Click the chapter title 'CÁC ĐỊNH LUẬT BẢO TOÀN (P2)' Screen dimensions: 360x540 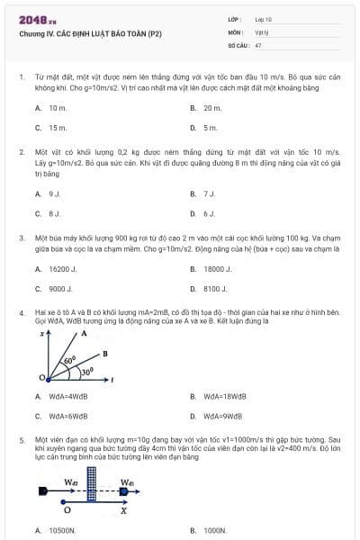coord(86,31)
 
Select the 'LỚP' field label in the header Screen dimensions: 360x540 coord(233,19)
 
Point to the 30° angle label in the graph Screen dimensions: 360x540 coord(86,371)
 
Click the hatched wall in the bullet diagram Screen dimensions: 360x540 coord(103,494)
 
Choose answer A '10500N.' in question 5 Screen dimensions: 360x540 coord(55,531)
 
